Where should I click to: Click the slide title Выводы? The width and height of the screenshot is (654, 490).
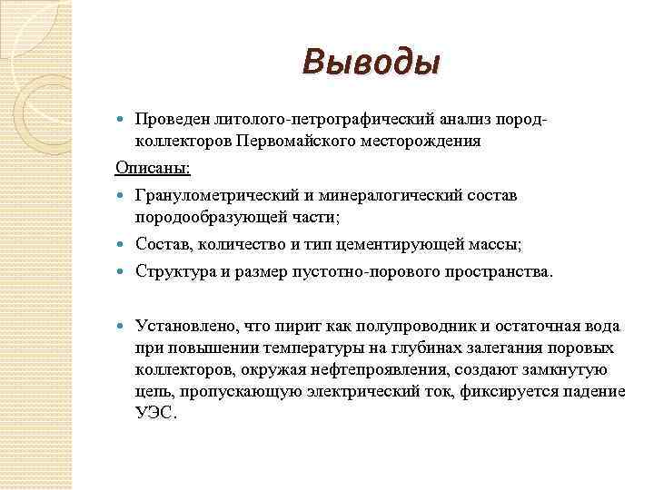372,64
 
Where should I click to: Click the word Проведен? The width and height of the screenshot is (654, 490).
173,121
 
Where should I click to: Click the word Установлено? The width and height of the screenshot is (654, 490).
181,327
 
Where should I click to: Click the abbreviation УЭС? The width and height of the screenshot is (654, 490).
155,414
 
